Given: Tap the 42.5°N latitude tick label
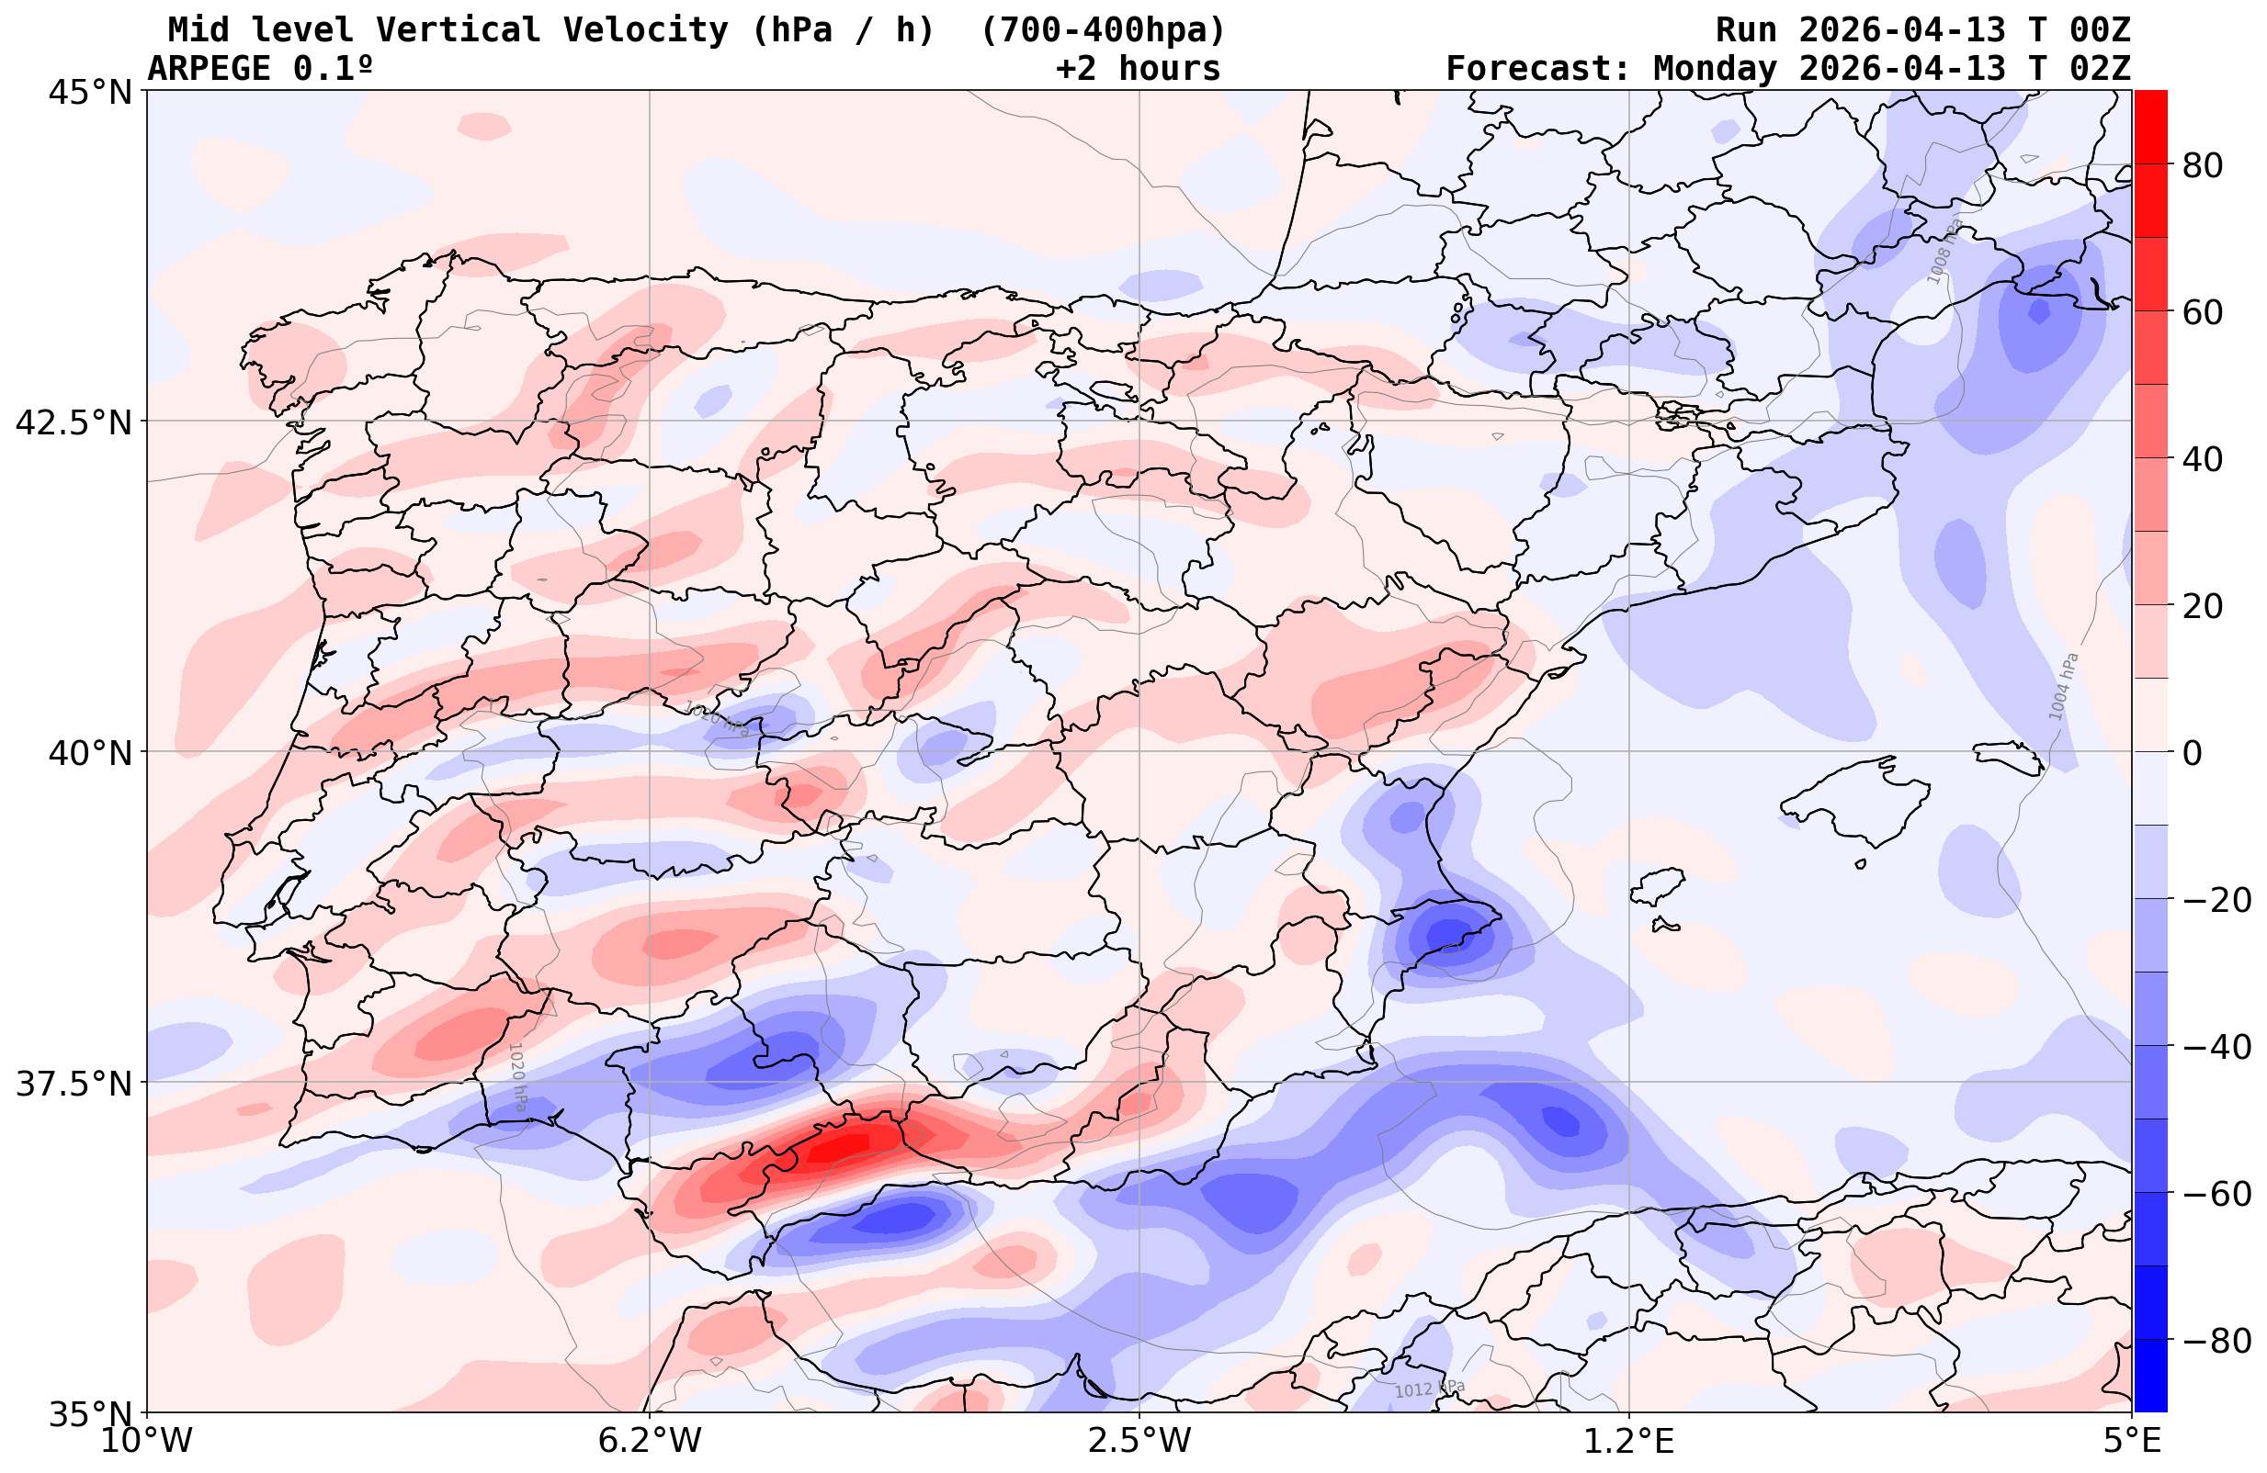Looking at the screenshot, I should click(74, 422).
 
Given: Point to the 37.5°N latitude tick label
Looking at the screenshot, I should click(74, 1084).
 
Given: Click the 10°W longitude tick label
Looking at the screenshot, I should click(147, 1442).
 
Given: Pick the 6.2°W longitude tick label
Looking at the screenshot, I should click(650, 1442).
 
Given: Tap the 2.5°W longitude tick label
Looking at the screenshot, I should click(1140, 1442).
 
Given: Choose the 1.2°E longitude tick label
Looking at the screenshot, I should click(1629, 1442).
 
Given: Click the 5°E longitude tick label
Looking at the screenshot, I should click(2132, 1442).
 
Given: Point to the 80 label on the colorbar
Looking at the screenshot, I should click(2203, 165).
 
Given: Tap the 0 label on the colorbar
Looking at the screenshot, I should click(2193, 753).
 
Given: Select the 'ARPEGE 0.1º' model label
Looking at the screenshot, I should click(260, 69).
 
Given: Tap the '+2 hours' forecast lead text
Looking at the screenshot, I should click(1139, 69).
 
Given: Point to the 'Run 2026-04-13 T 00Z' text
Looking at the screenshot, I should click(1922, 30).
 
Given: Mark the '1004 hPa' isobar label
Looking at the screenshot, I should click(2063, 687).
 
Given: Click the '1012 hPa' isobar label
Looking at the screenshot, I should click(1429, 1389).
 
